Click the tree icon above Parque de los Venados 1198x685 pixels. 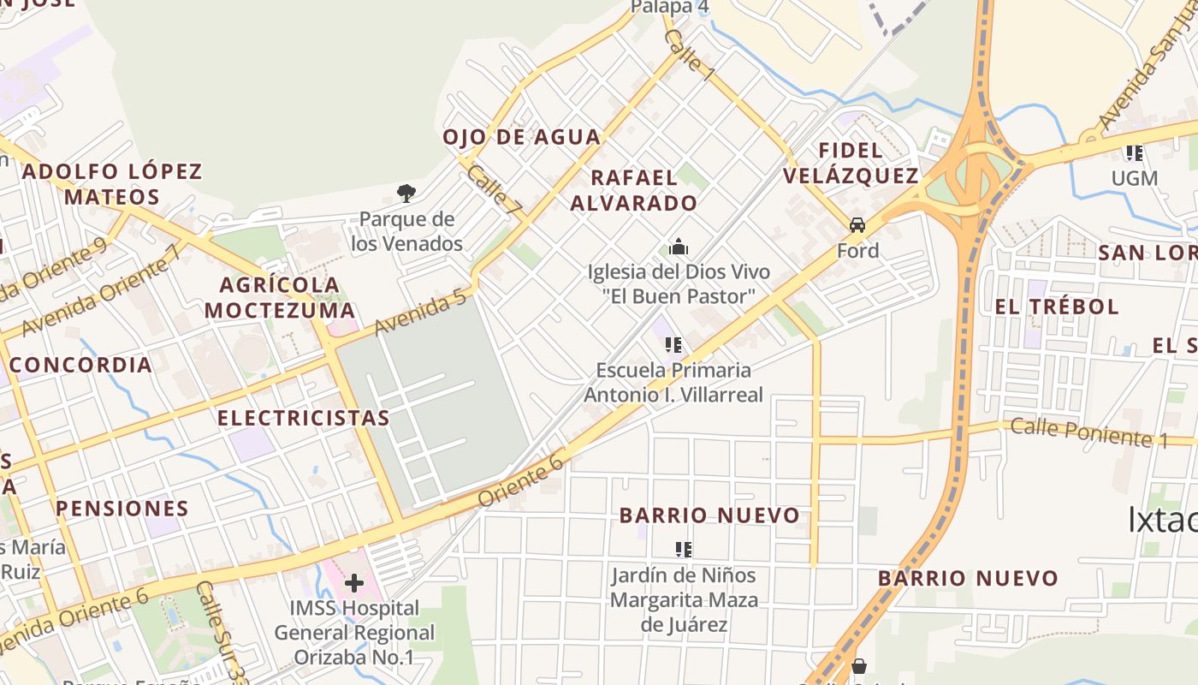[406, 194]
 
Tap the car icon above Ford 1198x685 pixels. [857, 225]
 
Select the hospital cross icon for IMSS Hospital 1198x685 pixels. [353, 584]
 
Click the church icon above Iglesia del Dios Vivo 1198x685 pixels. [679, 248]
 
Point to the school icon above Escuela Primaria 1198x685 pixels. [673, 345]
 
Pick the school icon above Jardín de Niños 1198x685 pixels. [683, 549]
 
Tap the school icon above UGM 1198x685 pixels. [1135, 153]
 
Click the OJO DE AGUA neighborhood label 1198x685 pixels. [522, 137]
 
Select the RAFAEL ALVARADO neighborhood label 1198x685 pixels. [634, 191]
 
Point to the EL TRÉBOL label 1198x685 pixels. [1058, 307]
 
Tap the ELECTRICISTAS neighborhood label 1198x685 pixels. [304, 418]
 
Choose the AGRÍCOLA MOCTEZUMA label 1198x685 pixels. [281, 297]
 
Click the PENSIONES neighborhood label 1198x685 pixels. [122, 509]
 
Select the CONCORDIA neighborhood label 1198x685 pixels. [81, 365]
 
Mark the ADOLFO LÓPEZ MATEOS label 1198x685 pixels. [112, 184]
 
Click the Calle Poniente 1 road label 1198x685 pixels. [1088, 432]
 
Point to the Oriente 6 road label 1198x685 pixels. [521, 479]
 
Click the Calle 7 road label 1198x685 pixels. [494, 189]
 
